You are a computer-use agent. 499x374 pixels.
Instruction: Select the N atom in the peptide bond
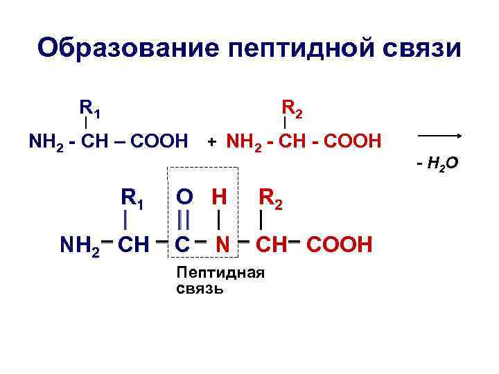[222, 244]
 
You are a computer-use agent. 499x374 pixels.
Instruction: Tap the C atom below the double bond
[183, 244]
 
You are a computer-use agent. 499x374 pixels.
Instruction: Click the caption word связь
[200, 287]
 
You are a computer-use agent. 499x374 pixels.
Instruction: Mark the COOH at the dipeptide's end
[340, 244]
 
